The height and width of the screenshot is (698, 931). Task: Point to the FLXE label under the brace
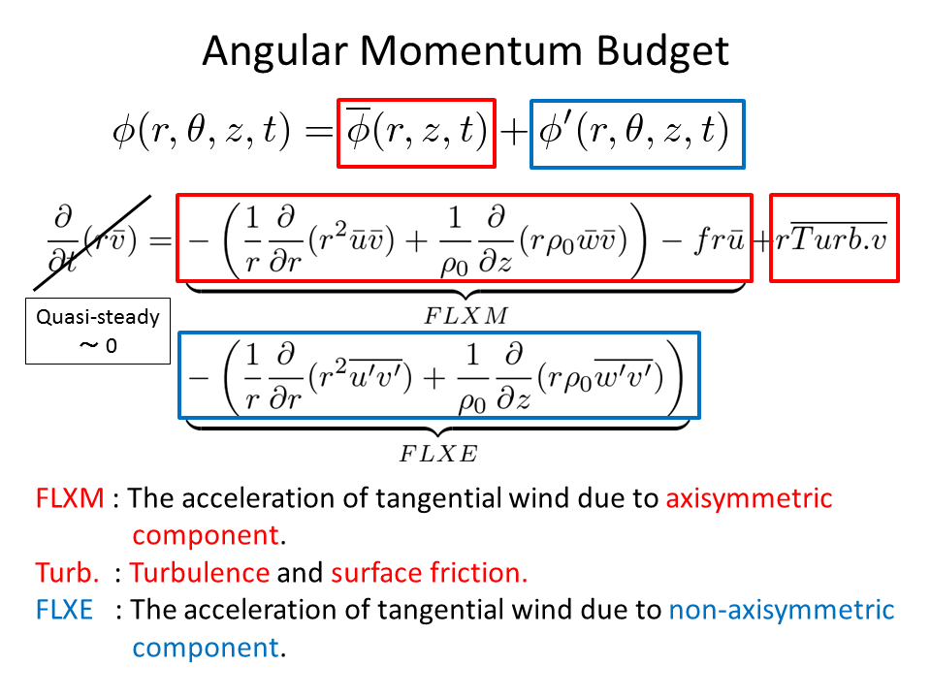tap(439, 452)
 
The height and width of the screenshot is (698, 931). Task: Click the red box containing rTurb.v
tap(834, 238)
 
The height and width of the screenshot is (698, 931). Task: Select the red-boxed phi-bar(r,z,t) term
tap(416, 133)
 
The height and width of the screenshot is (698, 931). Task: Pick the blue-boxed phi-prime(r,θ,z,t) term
tap(636, 133)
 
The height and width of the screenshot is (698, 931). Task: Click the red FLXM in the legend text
tap(69, 499)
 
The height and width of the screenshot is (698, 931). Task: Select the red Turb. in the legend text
tap(65, 573)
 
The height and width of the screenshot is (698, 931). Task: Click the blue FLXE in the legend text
tap(66, 610)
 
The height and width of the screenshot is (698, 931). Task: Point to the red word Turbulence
tap(200, 573)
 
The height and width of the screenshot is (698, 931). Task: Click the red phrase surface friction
tap(429, 573)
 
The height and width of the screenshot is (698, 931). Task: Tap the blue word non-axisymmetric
tap(782, 610)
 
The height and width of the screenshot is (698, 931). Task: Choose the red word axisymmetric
tap(749, 499)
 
